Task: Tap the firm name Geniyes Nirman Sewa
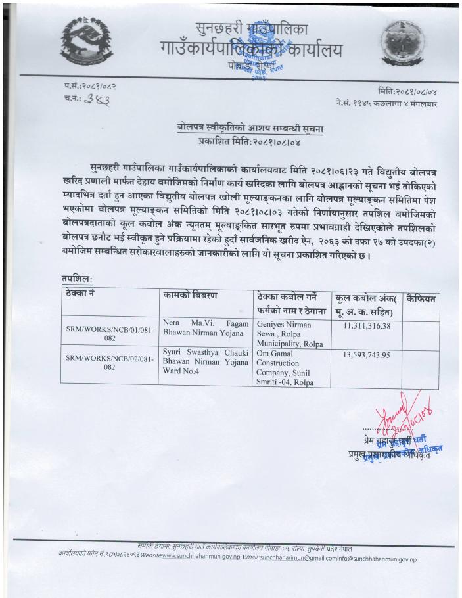point(284,330)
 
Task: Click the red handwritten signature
point(397,415)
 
